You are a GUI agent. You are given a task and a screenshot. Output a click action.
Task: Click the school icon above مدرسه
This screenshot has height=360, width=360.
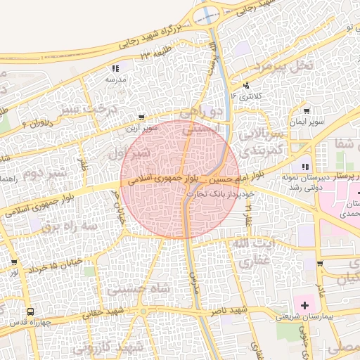(x=115, y=69)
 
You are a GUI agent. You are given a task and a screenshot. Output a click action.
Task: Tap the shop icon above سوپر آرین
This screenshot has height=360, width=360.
(x=143, y=118)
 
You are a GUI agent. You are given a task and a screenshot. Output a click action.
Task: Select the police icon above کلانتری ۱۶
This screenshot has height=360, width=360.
(x=245, y=85)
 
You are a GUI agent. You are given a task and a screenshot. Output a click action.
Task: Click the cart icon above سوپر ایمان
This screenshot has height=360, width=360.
(x=307, y=110)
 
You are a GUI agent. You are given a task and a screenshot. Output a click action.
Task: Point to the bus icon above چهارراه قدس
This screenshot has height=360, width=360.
(x=30, y=311)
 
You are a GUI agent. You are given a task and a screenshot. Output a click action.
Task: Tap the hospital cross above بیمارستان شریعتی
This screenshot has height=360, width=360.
(x=304, y=305)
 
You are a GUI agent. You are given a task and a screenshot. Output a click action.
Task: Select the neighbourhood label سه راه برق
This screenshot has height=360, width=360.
(x=67, y=227)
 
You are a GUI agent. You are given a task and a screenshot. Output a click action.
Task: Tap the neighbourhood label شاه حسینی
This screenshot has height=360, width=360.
(x=137, y=287)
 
